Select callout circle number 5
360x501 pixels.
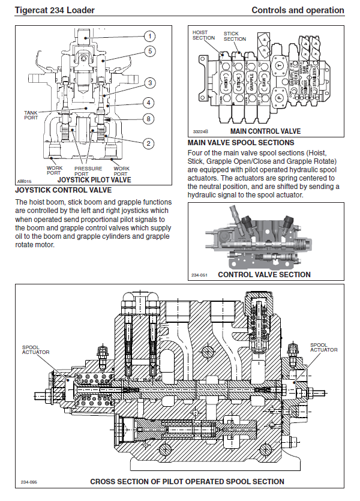point(150,52)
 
